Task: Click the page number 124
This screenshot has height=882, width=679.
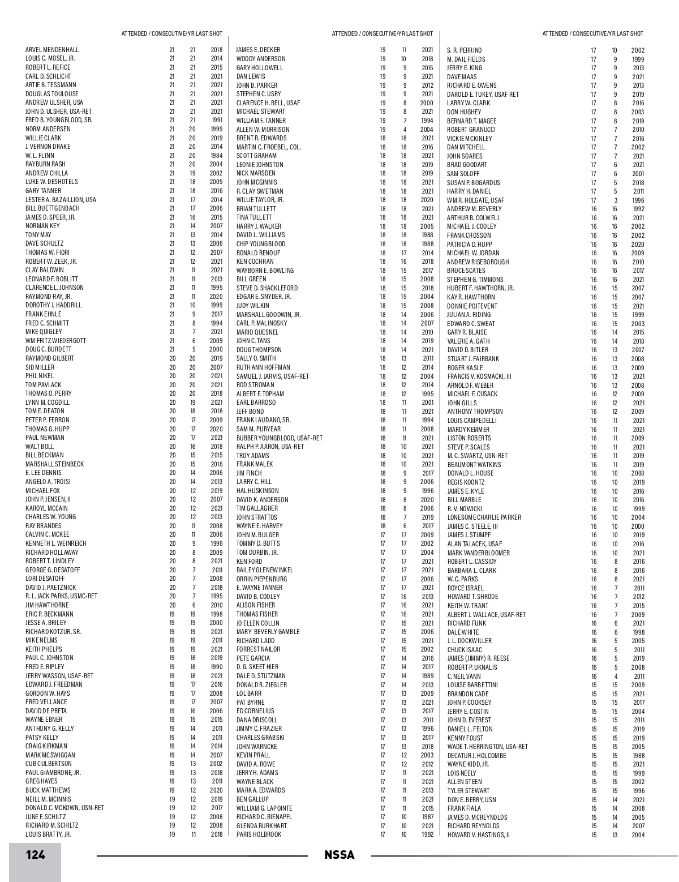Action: (x=35, y=855)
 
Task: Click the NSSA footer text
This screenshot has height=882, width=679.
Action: (x=339, y=855)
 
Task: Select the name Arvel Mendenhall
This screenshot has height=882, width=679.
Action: (x=52, y=50)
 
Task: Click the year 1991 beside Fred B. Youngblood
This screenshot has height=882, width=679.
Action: (x=217, y=120)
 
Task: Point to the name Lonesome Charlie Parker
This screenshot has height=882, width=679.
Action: (x=484, y=517)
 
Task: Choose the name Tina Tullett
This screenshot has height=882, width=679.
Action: (x=254, y=217)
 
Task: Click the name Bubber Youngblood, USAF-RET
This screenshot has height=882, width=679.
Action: (x=280, y=438)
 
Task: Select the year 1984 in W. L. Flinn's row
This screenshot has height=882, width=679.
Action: (x=217, y=156)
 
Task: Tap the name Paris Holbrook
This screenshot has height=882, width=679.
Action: (x=259, y=834)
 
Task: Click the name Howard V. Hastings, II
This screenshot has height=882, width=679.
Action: (x=479, y=835)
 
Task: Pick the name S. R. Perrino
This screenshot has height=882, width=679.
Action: (x=465, y=50)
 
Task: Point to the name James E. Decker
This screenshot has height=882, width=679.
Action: (x=258, y=50)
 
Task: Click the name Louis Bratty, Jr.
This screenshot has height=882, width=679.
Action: (x=48, y=834)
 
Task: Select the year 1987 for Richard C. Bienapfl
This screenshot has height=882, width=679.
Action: (x=427, y=817)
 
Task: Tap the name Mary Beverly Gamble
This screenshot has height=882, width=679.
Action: (x=268, y=632)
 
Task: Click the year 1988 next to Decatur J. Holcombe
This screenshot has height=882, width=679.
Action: (x=638, y=756)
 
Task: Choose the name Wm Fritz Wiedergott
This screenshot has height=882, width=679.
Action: (x=56, y=341)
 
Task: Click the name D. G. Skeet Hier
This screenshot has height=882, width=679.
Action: (x=257, y=667)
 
